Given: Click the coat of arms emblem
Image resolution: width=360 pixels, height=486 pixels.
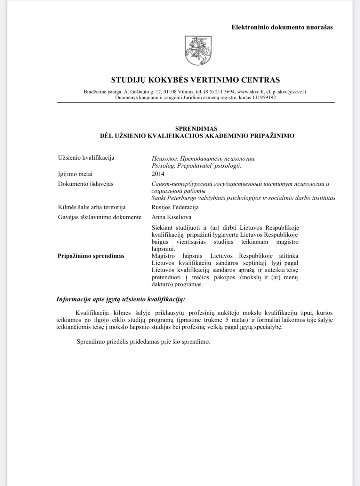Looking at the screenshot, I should (198, 51).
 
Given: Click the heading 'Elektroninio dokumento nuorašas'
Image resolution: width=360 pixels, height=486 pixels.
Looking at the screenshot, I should (282, 27).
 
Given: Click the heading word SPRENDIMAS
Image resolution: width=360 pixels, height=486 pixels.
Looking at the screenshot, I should (196, 129).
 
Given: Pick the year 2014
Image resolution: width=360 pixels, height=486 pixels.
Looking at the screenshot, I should (158, 174).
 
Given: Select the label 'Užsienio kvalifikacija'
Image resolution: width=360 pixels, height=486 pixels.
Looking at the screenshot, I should (86, 158).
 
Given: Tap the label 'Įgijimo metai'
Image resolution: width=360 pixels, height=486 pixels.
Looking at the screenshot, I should (75, 174).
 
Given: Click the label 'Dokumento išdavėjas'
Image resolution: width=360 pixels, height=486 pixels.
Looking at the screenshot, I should (85, 184).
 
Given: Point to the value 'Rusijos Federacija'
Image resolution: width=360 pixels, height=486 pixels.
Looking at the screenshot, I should (175, 207).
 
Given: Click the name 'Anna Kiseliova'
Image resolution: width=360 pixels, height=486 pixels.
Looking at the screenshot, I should (171, 217).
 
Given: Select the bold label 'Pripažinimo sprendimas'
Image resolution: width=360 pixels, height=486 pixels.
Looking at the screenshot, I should (91, 256).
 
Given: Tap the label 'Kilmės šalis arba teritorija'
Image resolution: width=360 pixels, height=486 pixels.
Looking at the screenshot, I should (92, 207).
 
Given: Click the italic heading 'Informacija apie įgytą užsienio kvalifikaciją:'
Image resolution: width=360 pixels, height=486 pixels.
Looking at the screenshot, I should (121, 299).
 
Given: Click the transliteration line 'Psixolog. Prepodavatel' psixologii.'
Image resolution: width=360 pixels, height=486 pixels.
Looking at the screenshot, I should (196, 166).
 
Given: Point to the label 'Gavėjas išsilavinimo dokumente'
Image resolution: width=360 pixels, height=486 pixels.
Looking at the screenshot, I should (100, 217).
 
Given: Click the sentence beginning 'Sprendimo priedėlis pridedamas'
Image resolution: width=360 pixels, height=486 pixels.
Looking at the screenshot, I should (143, 341).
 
